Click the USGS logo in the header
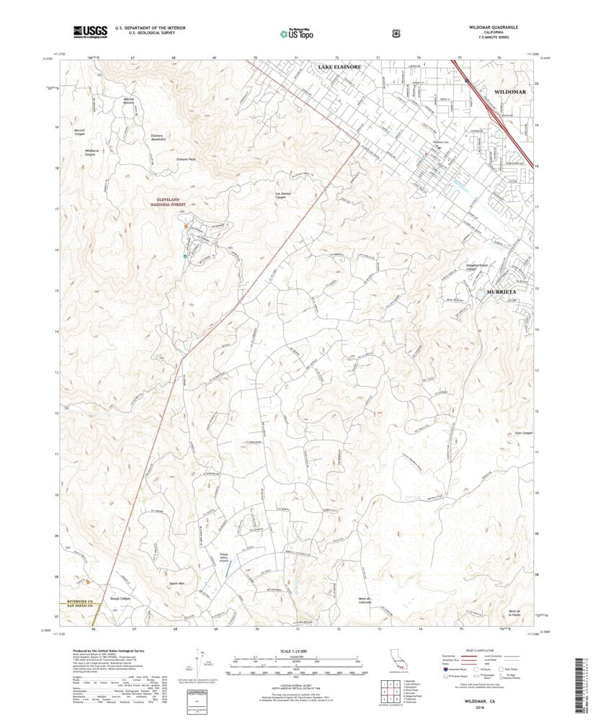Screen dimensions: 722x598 pyautogui.click(x=90, y=31)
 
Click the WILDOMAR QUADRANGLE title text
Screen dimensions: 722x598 pyautogui.click(x=488, y=27)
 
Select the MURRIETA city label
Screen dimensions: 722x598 pyautogui.click(x=501, y=292)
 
